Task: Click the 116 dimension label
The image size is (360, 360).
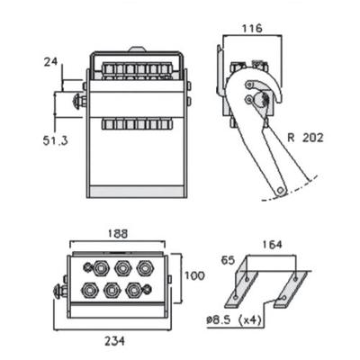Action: [252, 29]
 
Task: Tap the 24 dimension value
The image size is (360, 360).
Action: [51, 62]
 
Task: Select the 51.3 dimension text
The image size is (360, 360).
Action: [55, 140]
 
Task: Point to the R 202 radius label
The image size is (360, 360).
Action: [305, 138]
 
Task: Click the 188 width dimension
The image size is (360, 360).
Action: [117, 234]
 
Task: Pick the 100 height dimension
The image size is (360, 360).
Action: [194, 275]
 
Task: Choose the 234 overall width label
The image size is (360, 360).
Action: [114, 341]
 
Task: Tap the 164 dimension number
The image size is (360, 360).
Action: [272, 245]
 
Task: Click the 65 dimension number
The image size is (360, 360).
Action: [228, 260]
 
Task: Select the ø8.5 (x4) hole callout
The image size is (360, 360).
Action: [233, 320]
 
